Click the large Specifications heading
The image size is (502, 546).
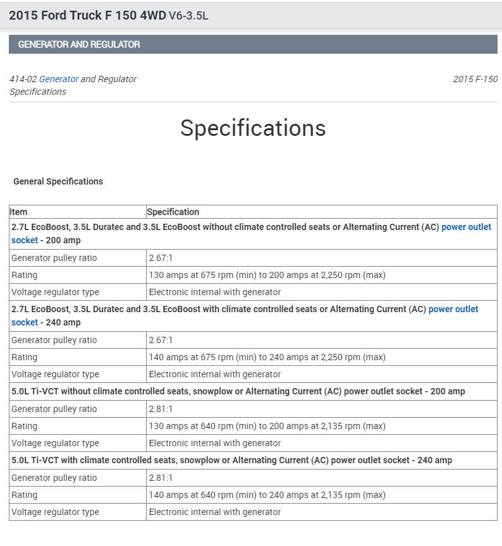point(253,128)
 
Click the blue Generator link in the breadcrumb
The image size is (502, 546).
point(59,79)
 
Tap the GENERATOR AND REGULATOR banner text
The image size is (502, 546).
point(79,45)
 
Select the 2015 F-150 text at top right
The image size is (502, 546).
point(475,79)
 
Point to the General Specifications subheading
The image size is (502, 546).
point(58,181)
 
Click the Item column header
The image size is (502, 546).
point(19,212)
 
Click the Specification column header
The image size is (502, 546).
point(173,212)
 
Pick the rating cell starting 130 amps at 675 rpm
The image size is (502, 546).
point(267,275)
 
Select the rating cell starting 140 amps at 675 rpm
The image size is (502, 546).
point(267,357)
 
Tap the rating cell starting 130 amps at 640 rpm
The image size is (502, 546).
point(267,426)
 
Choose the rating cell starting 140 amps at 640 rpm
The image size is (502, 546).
point(267,495)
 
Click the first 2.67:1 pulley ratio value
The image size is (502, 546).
point(161,258)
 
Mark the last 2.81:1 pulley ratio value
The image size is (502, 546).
point(161,478)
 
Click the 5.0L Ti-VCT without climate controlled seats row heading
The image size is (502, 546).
point(238,391)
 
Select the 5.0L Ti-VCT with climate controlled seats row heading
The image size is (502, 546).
point(231,460)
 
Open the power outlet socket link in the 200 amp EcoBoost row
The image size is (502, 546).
point(466,227)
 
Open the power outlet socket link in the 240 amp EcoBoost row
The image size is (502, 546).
point(453,309)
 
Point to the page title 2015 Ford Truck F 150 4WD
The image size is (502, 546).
point(87,15)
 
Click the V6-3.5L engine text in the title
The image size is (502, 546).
point(188,16)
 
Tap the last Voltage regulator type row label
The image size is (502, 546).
point(56,512)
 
